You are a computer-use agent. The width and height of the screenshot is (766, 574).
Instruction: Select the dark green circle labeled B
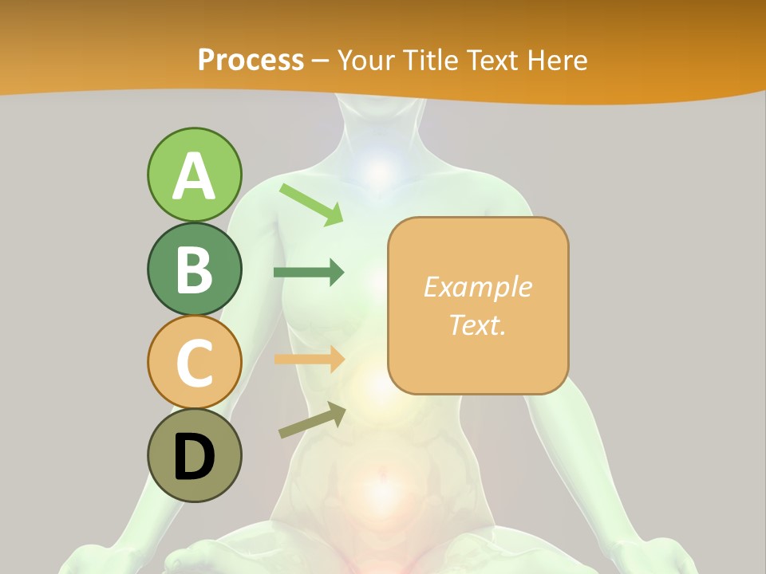pos(194,269)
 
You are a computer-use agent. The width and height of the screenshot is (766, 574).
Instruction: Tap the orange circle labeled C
pos(194,362)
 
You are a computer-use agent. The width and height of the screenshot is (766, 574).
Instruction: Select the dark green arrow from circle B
pos(308,272)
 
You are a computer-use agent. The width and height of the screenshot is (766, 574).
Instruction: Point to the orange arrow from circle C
pos(308,359)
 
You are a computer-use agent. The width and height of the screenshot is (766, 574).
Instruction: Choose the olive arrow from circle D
pos(312,420)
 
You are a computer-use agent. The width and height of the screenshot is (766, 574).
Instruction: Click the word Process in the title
pos(251,60)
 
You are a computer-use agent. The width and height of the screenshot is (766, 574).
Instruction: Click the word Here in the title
pos(555,60)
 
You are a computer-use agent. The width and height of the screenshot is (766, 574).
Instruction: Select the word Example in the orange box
pos(477,287)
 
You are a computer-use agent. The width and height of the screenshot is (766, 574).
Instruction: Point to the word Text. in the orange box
pos(477,324)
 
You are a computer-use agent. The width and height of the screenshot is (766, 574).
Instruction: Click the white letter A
pos(194,175)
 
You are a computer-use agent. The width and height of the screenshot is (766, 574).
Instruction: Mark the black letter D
pos(194,458)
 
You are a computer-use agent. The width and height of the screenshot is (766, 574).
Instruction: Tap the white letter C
pos(194,363)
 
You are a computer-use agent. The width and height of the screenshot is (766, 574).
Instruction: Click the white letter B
pos(194,269)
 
